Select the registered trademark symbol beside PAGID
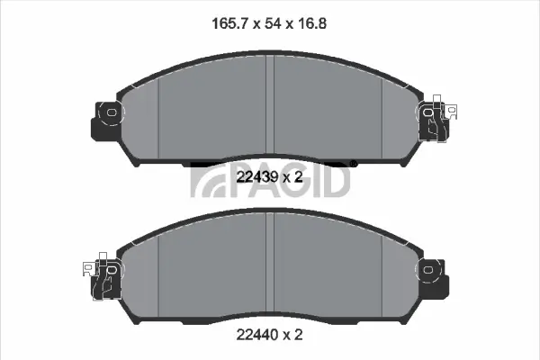[x=354, y=163]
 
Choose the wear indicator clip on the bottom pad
[x=102, y=275]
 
